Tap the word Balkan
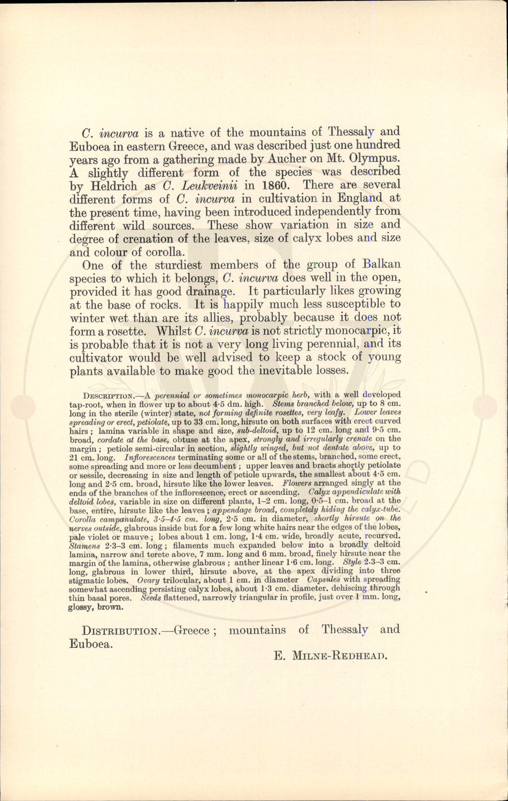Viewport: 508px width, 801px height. pyautogui.click(x=381, y=265)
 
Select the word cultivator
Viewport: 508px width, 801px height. pyautogui.click(x=102, y=357)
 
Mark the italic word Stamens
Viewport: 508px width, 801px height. pyautogui.click(x=84, y=546)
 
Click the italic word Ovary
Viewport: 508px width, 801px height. pyautogui.click(x=148, y=580)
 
